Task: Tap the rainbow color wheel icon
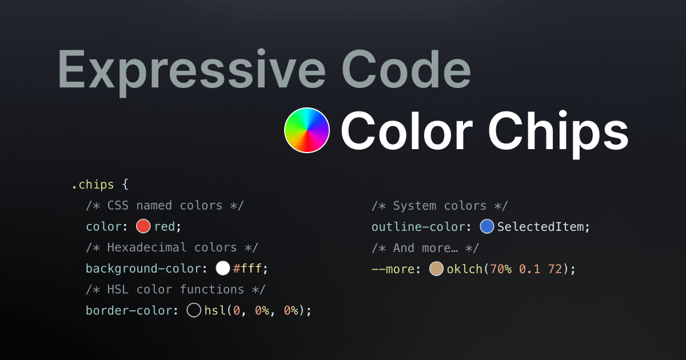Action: (x=307, y=130)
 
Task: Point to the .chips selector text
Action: (x=93, y=185)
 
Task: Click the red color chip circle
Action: (x=143, y=227)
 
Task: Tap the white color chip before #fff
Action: (x=222, y=269)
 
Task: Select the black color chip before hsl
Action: (x=194, y=311)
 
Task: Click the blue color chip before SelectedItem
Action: (x=486, y=227)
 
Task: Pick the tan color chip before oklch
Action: (x=436, y=269)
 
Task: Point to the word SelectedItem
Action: (x=541, y=227)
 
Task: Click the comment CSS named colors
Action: (x=166, y=206)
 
